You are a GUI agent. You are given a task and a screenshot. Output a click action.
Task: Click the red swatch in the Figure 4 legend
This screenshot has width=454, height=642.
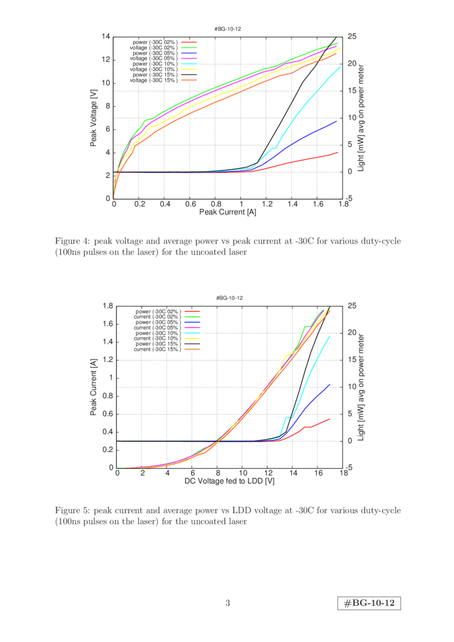(x=189, y=42)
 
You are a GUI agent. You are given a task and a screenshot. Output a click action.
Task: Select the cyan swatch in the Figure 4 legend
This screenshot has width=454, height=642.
(x=189, y=64)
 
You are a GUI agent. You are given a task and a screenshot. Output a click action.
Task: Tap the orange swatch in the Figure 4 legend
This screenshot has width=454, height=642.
(x=189, y=79)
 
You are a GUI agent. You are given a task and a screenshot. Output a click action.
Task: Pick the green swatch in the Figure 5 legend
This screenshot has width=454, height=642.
(x=192, y=316)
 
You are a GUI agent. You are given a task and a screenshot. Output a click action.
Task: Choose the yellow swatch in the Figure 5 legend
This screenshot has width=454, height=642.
(x=192, y=338)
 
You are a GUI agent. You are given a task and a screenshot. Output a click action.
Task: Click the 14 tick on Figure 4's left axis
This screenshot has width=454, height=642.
(x=107, y=36)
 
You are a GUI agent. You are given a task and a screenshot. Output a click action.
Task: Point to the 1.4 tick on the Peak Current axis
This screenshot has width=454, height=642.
(x=292, y=205)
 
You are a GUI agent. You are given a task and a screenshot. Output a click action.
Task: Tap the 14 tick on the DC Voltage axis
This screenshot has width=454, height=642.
(x=293, y=474)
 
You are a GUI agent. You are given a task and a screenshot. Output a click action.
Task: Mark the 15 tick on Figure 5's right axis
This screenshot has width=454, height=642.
(x=350, y=360)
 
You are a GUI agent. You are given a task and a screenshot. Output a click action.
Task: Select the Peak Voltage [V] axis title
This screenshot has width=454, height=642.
(x=95, y=118)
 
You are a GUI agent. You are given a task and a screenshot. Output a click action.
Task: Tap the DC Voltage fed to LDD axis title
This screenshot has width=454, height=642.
(x=229, y=481)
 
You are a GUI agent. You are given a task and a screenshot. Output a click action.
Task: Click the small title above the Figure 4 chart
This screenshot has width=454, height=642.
(x=228, y=28)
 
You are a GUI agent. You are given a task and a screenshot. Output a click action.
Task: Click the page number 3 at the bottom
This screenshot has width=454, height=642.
(x=228, y=603)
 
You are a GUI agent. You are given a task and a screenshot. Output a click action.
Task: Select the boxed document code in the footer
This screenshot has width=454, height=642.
(x=370, y=603)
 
